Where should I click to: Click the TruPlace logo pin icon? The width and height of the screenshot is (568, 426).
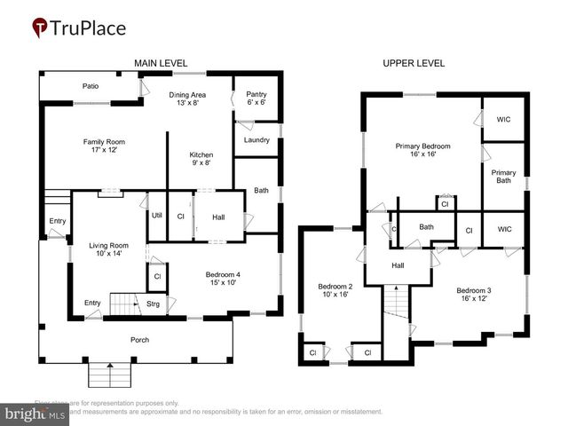point(39,28)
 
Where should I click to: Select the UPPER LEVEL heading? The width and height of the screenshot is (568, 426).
point(414,63)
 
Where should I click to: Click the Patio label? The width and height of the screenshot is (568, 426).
point(91,86)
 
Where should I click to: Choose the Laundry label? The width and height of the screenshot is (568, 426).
point(256,139)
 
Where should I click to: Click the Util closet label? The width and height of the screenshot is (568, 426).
point(156,215)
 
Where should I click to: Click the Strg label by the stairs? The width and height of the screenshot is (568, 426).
point(153,304)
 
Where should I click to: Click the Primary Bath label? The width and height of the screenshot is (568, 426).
point(503,177)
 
